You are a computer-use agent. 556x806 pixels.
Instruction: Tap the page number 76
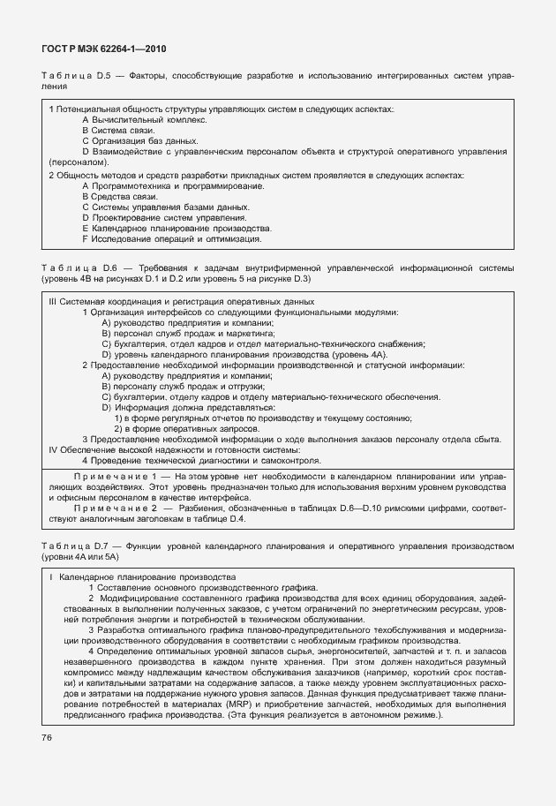point(48,737)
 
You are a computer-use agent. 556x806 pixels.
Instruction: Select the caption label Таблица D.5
point(72,77)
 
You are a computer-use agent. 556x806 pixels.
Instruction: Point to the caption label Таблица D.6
point(72,267)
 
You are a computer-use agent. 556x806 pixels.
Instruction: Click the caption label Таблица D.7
point(72,546)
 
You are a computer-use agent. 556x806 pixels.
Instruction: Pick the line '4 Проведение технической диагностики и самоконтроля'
point(201,460)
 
